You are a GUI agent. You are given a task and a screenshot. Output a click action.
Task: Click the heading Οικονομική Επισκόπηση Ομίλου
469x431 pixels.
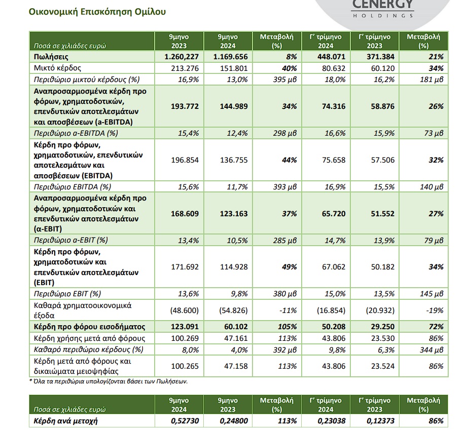coord(97,12)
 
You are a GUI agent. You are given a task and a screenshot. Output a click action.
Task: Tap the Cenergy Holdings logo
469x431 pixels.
coord(383,9)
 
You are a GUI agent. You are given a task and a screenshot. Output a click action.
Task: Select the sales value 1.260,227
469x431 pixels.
coord(182,57)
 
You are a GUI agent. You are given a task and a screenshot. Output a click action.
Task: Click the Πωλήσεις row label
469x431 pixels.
coord(51,57)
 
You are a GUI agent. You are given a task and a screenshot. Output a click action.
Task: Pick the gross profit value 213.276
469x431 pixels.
coord(185,68)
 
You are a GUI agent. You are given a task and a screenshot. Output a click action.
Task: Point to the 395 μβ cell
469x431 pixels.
coord(285,80)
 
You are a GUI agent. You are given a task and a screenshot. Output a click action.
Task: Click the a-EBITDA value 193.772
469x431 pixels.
coord(185,106)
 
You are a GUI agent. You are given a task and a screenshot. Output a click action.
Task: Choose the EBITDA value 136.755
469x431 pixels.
coord(234,160)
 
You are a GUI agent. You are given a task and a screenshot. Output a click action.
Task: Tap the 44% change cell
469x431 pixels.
coord(289,160)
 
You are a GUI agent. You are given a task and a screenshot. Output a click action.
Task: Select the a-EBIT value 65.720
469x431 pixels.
coord(334,214)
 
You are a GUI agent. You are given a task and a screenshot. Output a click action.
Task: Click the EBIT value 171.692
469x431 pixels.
coord(185,267)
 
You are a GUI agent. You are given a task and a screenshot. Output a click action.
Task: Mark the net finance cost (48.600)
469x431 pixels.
coord(184,310)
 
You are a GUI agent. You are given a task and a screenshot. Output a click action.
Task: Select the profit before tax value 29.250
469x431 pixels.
coord(383,327)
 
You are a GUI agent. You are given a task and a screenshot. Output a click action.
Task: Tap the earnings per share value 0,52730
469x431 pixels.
coord(185,421)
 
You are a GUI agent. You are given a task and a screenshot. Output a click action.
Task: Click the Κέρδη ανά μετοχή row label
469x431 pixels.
coord(65,421)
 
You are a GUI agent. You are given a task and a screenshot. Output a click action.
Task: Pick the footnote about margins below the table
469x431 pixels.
coord(109,381)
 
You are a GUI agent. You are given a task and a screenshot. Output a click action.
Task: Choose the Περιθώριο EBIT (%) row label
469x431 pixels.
coord(67,294)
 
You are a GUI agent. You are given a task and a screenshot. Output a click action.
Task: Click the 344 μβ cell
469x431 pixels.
coord(431,350)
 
